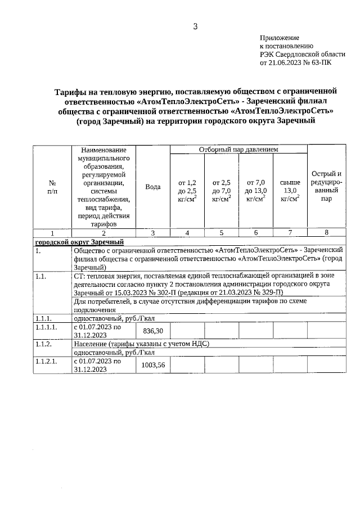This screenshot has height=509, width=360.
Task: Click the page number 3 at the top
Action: [x=195, y=26]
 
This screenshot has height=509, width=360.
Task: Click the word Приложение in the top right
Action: [x=279, y=37]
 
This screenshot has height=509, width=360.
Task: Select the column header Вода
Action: [x=153, y=187]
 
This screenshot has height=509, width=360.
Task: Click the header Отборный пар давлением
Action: [x=238, y=150]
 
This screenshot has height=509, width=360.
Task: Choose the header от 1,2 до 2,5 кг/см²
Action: [x=187, y=191]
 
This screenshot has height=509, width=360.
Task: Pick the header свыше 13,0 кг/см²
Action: [x=290, y=191]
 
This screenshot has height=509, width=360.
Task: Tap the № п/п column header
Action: [x=52, y=187]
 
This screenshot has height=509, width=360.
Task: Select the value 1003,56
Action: [x=154, y=365]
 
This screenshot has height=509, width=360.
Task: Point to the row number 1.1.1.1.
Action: [x=46, y=327]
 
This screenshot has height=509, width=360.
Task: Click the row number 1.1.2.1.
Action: [x=46, y=361]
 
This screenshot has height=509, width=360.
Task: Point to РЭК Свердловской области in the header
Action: [x=302, y=55]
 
